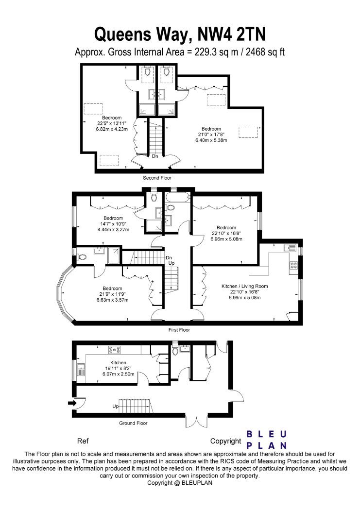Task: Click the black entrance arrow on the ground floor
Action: [x=71, y=403]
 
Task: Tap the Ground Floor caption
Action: [x=133, y=423]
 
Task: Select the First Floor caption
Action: [x=179, y=330]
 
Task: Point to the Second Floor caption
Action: [x=157, y=178]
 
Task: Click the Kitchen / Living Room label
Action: [x=245, y=286]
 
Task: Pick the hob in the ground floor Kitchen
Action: [x=115, y=350]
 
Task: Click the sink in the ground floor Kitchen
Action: [x=81, y=370]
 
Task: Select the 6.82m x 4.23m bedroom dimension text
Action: [x=112, y=129]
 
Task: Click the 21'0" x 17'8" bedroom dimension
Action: [x=211, y=135]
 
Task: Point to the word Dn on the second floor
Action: [x=155, y=156]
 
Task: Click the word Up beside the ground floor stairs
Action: [x=116, y=406]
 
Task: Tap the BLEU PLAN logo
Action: [x=266, y=440]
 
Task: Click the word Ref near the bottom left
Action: [x=83, y=441]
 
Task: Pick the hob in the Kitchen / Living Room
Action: [x=293, y=265]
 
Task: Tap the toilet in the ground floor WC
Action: [x=175, y=351]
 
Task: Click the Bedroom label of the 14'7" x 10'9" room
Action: [x=113, y=218]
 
